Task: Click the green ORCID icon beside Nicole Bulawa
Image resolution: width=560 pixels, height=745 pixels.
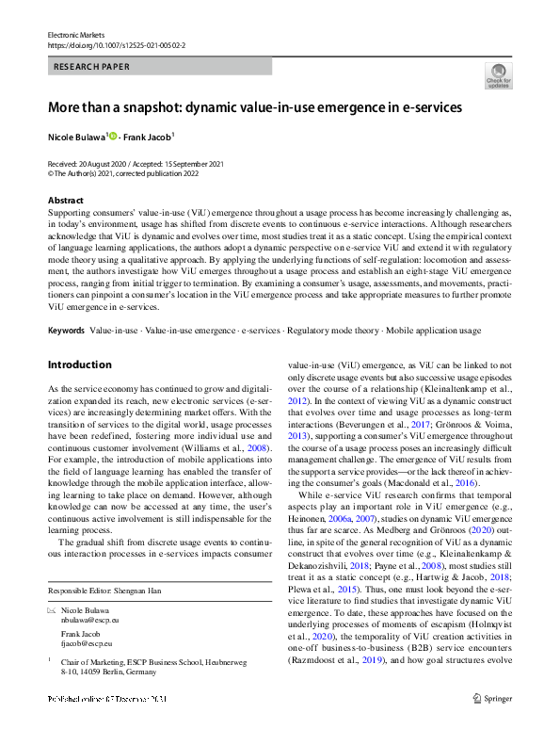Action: [x=114, y=136]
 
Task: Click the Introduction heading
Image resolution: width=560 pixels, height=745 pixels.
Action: [x=79, y=364]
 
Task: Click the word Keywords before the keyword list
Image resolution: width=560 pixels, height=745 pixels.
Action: [x=66, y=332]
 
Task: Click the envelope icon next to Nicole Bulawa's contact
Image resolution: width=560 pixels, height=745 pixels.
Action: [x=52, y=611]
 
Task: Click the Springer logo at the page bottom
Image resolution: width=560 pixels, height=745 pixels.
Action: [x=494, y=724]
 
